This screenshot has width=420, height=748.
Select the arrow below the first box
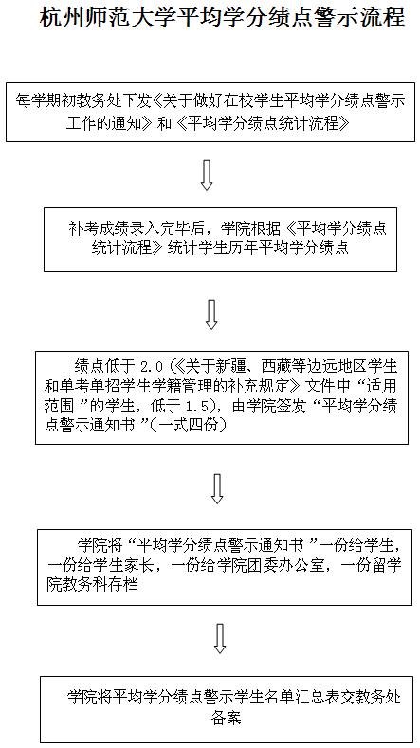click(x=206, y=174)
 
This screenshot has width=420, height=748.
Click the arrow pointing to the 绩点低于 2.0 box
click(x=211, y=314)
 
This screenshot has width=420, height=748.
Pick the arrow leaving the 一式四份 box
click(x=218, y=489)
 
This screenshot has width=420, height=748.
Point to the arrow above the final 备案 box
click(x=219, y=638)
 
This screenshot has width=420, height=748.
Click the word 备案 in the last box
click(x=227, y=718)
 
